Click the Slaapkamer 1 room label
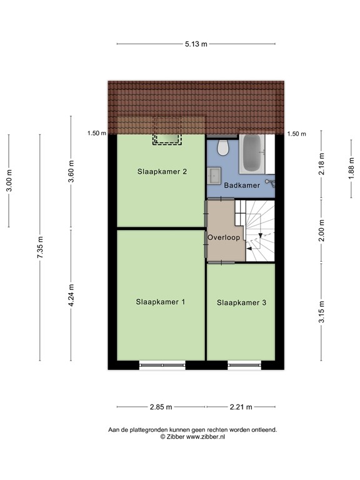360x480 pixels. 161,302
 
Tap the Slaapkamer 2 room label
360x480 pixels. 162,171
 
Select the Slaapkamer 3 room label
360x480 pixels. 242,303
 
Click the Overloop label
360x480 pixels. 224,237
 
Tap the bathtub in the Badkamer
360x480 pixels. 252,153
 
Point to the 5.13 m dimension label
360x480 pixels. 196,44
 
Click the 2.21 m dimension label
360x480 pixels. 241,407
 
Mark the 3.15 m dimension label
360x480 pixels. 321,311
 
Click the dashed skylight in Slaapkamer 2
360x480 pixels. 166,139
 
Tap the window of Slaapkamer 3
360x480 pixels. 242,364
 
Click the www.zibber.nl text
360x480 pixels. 205,437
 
